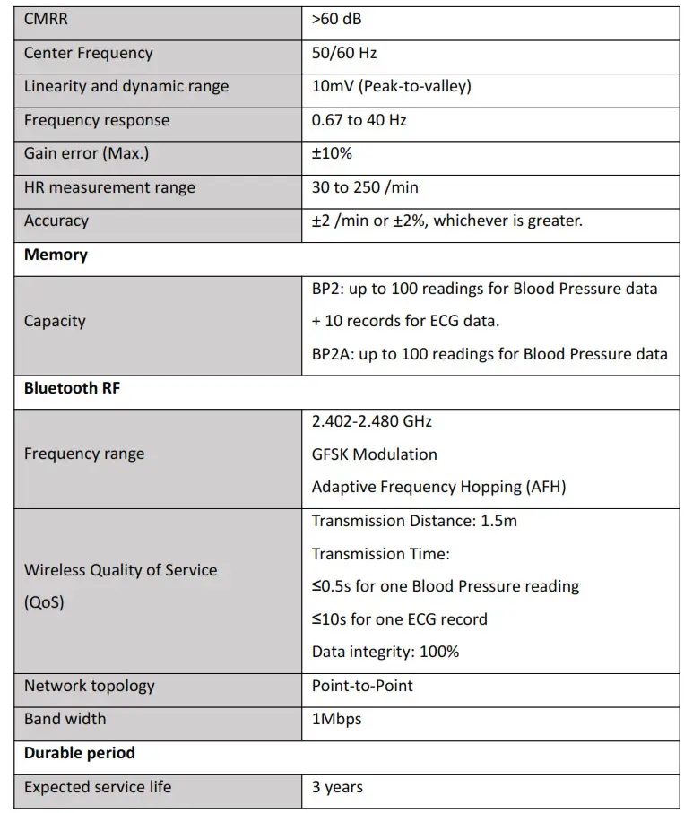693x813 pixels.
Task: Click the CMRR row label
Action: pos(47,19)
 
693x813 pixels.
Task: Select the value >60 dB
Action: pos(336,19)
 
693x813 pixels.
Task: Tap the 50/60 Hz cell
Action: pos(344,53)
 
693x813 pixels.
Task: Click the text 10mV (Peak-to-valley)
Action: pos(391,86)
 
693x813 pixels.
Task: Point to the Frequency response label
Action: pos(97,120)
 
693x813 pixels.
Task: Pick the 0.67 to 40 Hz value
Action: pos(359,120)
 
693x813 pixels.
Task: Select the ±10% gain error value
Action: pos(332,153)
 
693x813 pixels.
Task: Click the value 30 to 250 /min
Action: pos(365,187)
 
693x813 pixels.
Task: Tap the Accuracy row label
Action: pos(56,221)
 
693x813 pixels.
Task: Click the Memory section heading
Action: pos(56,255)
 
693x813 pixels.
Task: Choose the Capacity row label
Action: pos(55,321)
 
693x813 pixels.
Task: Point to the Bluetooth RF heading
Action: pos(72,388)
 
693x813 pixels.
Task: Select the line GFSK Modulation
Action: pos(374,454)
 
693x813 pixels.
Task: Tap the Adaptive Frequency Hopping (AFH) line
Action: pos(438,487)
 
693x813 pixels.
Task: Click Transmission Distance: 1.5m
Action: pos(414,521)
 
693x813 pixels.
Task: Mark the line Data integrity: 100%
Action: pos(385,652)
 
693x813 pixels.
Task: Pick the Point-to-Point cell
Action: pos(362,686)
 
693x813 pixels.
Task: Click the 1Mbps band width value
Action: pos(337,719)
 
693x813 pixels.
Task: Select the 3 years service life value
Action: pos(337,787)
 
